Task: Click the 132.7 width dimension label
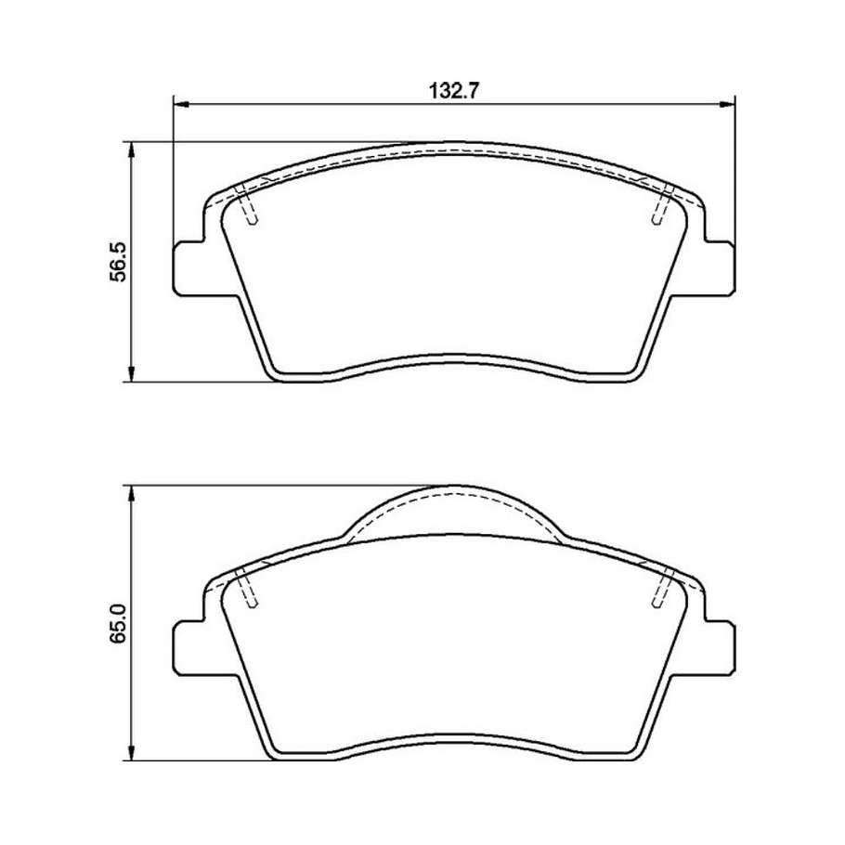(x=454, y=91)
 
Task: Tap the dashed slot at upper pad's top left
(x=247, y=206)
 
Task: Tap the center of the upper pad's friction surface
(x=454, y=269)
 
